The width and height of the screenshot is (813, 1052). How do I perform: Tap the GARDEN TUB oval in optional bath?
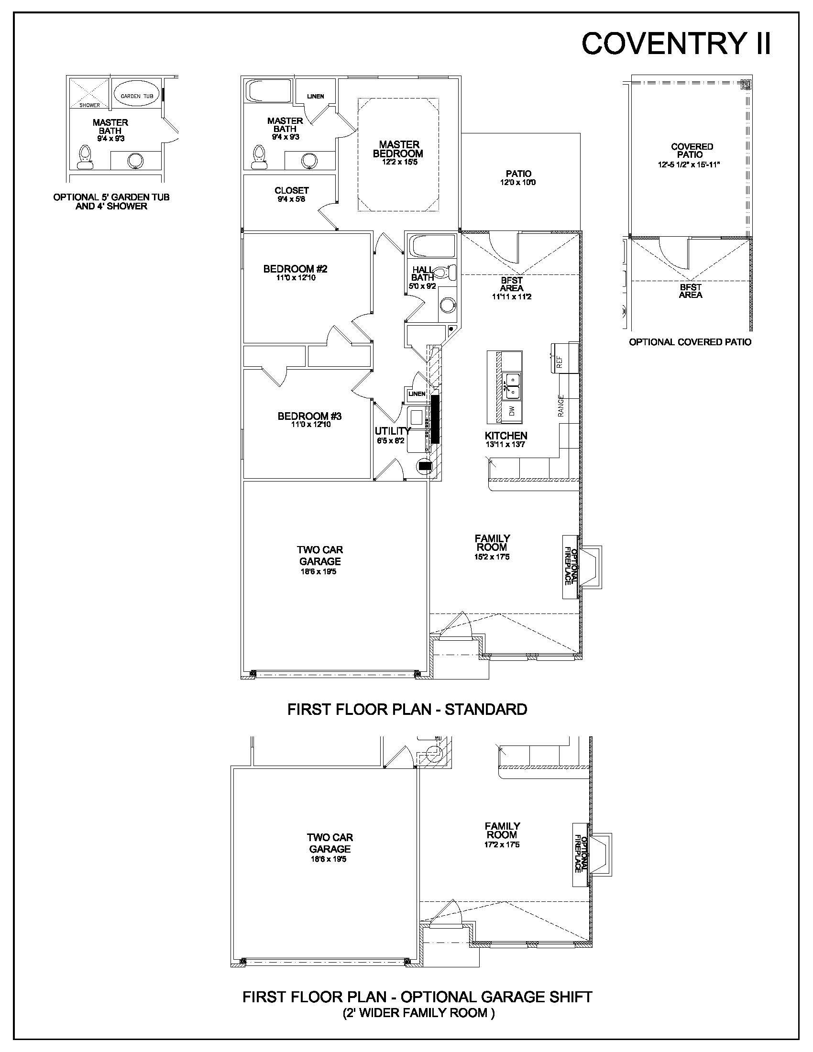[x=137, y=96]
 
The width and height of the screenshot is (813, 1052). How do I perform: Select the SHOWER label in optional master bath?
[x=89, y=105]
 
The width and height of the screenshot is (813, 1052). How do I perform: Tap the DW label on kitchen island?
[x=512, y=410]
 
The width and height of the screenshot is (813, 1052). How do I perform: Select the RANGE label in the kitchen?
[x=560, y=406]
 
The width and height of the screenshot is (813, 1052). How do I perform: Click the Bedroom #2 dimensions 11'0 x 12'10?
[x=296, y=278]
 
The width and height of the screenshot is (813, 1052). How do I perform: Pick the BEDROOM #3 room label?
[x=310, y=416]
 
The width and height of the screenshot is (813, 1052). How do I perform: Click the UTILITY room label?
[x=393, y=431]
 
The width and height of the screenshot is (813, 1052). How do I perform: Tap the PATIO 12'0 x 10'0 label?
[x=518, y=178]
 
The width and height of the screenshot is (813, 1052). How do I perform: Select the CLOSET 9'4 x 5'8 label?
[x=291, y=194]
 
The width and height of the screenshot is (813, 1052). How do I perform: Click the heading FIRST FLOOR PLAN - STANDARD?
[x=407, y=709]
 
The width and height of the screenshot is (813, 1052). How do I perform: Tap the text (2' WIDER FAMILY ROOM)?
[x=418, y=1013]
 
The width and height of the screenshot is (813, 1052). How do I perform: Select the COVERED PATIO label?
[x=691, y=150]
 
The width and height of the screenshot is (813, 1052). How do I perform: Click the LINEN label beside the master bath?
[x=316, y=96]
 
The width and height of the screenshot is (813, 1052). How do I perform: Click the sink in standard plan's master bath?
[x=308, y=160]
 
